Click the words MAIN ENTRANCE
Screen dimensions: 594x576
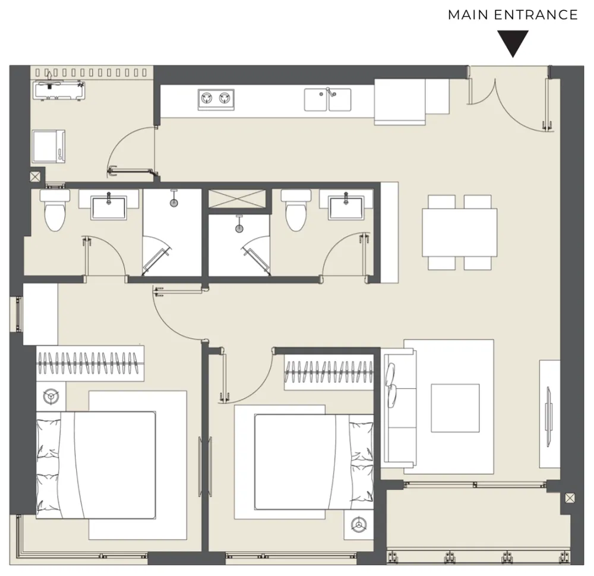513,15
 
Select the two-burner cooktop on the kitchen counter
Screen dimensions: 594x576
216,100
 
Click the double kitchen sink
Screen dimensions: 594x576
328,100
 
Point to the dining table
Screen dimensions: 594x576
460,232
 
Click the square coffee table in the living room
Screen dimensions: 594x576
455,408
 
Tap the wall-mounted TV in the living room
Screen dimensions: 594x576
548,416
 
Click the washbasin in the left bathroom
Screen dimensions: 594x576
109,207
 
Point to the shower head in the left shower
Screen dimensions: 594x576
174,203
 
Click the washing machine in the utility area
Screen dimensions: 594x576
49,146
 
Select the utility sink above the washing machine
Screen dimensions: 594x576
59,90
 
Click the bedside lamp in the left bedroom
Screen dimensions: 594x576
50,396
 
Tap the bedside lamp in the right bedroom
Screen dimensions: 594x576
358,525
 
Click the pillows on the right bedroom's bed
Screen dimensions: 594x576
361,461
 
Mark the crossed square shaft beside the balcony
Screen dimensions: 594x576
570,498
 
